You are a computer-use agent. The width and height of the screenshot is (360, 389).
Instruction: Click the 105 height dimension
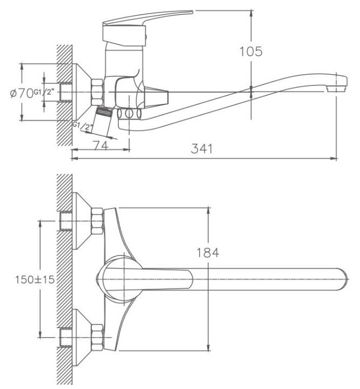click(x=251, y=52)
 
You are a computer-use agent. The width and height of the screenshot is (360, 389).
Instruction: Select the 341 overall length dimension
click(x=202, y=148)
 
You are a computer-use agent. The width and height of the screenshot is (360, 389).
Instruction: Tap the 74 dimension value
click(x=100, y=145)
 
